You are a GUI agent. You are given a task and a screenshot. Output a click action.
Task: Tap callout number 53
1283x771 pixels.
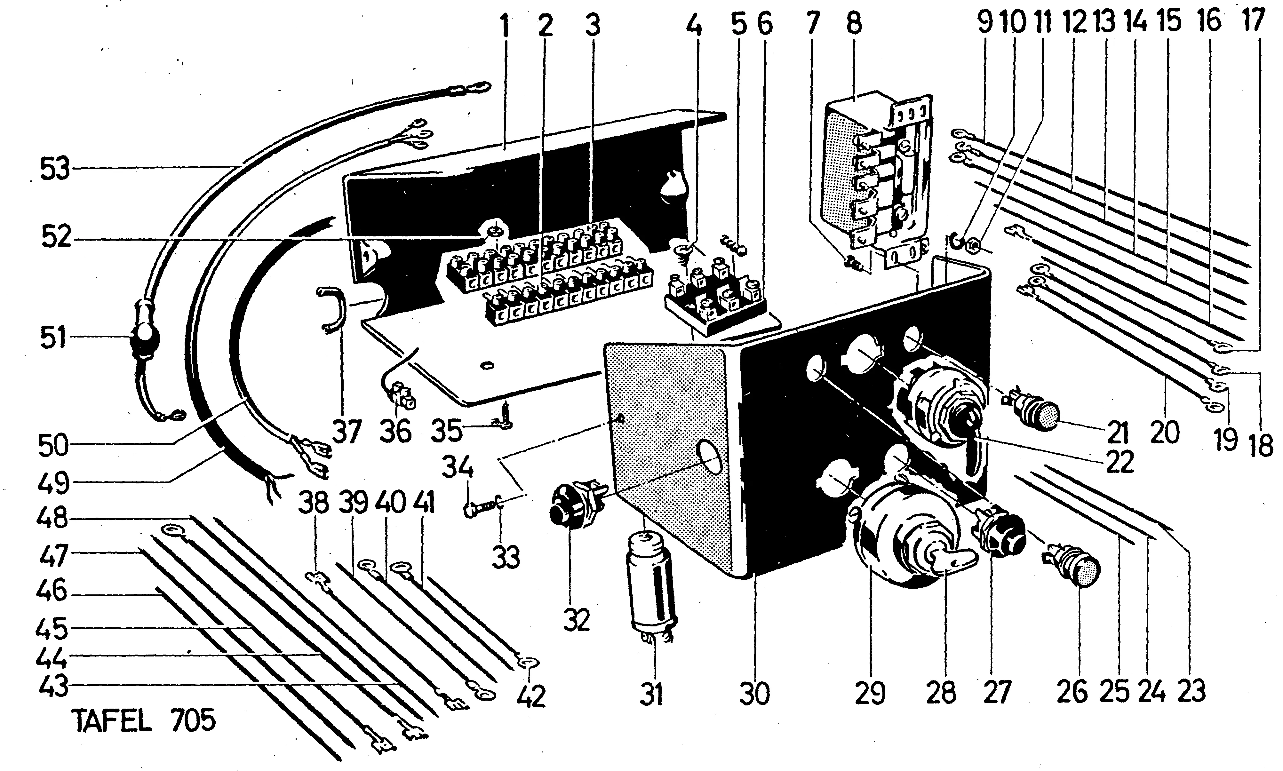point(54,170)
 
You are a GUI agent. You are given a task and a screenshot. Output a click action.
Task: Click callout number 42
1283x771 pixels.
point(531,696)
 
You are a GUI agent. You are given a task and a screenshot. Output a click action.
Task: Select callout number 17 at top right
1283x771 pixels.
point(1253,23)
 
